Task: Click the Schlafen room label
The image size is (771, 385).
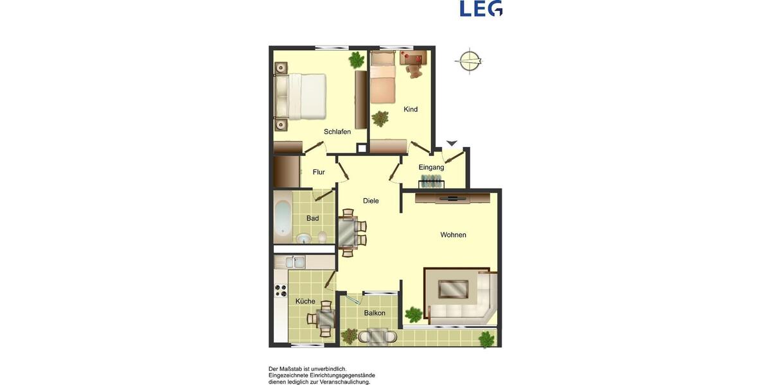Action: click(337, 132)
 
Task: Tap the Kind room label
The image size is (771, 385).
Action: click(411, 109)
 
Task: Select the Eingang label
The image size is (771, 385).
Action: click(431, 167)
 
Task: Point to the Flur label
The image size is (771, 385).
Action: click(319, 172)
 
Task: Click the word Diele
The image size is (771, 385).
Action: click(371, 201)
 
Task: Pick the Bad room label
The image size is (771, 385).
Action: click(312, 218)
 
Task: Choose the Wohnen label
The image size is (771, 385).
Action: click(453, 235)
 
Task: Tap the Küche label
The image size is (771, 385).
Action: click(305, 301)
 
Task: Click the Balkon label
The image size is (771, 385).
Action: click(375, 313)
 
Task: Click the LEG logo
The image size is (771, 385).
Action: click(481, 8)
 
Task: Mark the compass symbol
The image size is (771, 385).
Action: click(469, 62)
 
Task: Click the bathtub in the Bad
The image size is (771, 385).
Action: click(283, 218)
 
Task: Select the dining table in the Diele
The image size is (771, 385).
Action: click(348, 232)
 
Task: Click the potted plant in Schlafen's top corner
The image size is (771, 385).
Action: click(356, 60)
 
